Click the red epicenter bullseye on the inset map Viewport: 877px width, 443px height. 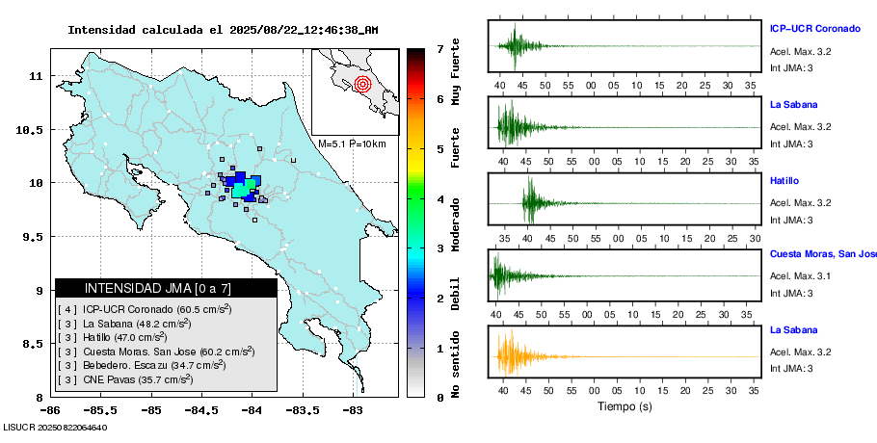click(x=362, y=84)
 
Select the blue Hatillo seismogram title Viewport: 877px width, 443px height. click(x=785, y=180)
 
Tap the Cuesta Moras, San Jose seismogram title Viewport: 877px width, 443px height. click(x=822, y=254)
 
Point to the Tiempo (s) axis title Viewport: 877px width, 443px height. click(x=625, y=406)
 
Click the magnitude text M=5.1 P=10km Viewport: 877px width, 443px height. click(x=352, y=144)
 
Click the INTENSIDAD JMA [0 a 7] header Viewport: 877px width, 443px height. click(x=166, y=288)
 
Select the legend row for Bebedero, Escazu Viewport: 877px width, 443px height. click(x=143, y=365)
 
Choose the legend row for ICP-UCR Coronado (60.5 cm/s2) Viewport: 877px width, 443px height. click(x=145, y=309)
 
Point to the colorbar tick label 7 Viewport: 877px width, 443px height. click(x=439, y=48)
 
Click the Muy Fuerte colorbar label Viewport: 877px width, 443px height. click(x=456, y=76)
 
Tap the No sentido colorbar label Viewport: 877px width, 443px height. click(x=456, y=364)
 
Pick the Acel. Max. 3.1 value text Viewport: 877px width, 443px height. click(x=800, y=276)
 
